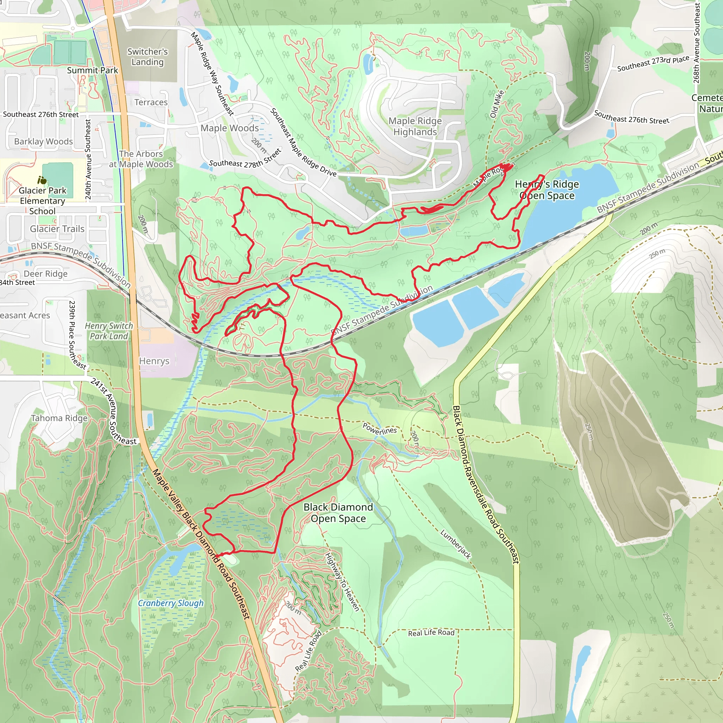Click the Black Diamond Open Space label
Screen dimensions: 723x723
click(338, 513)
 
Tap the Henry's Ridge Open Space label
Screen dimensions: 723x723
click(547, 190)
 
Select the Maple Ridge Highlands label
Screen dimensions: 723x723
click(415, 126)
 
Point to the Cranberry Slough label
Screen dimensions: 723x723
click(171, 603)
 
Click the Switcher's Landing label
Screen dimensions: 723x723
click(148, 57)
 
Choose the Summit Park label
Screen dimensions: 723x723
click(92, 70)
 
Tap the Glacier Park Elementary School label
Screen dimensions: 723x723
click(42, 201)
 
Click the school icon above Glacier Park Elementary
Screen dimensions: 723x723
click(42, 180)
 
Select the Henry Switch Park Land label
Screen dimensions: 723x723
click(109, 331)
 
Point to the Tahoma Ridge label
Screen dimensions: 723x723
click(59, 418)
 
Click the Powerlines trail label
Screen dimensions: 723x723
click(380, 429)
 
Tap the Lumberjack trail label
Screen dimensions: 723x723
click(455, 544)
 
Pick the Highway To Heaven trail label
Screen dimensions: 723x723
click(342, 581)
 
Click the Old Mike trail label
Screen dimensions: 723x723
click(497, 104)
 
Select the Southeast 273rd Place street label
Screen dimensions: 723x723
click(653, 64)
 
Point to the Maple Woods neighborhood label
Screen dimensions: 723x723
click(229, 128)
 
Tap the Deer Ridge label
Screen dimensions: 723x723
click(46, 274)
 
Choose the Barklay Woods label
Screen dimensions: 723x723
click(43, 142)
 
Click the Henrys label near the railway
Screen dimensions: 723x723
click(154, 361)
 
